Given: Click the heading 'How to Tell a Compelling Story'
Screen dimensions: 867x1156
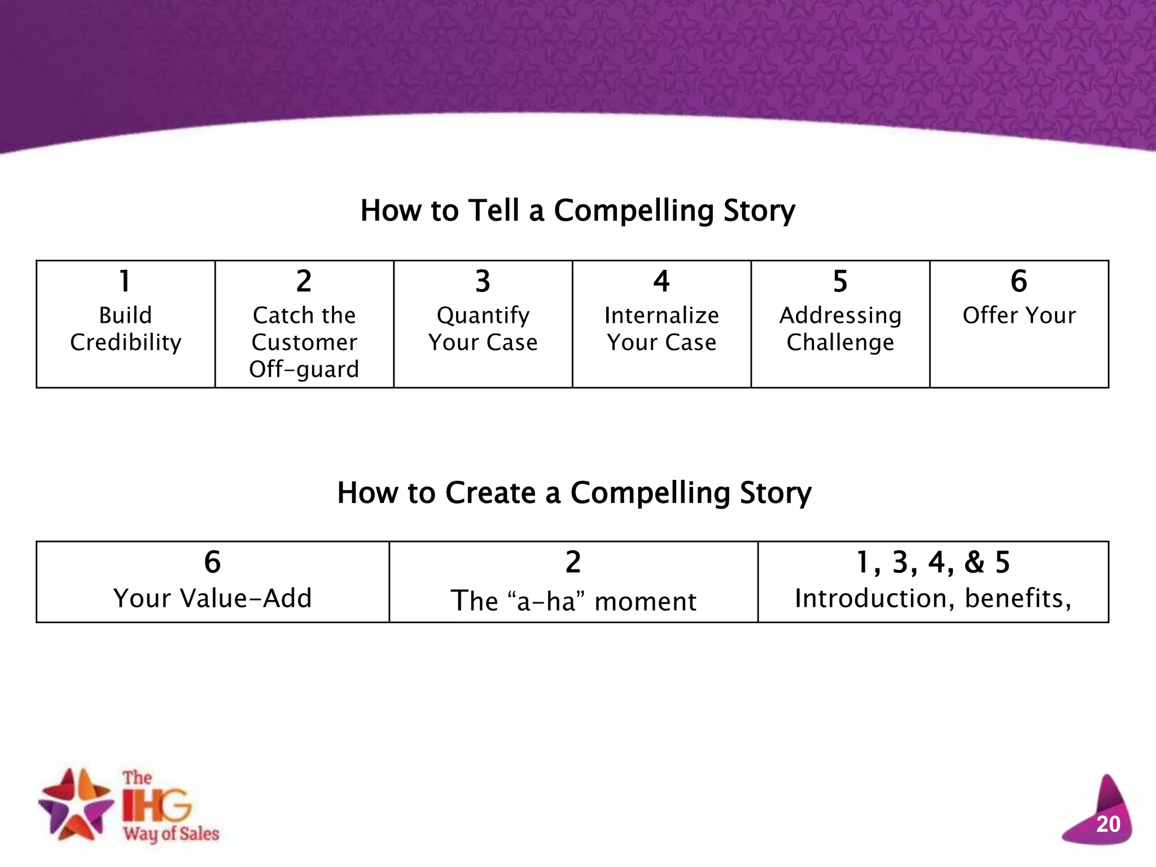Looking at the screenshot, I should (577, 211).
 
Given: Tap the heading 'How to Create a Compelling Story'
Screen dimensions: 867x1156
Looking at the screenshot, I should (574, 493).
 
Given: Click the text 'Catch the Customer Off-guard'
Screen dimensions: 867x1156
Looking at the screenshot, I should (304, 342).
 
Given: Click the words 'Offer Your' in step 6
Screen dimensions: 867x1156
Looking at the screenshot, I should (1019, 315).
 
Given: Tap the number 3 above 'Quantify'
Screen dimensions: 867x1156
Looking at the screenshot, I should (483, 281).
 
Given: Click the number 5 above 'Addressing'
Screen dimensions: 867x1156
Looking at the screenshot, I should (840, 281).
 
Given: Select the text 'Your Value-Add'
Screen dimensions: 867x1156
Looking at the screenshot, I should (212, 598).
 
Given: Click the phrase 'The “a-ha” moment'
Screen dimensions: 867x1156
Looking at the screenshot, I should (573, 601).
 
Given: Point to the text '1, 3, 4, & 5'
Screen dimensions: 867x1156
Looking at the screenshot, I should (933, 562).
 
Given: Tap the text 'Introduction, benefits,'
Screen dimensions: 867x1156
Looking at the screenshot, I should (933, 598).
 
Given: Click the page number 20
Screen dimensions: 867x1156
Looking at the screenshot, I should (1107, 825).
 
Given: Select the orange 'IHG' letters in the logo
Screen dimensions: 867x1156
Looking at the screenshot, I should (157, 805).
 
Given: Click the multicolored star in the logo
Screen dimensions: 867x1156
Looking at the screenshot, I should (75, 804).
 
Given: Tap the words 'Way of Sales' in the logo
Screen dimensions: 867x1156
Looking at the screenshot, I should (171, 834).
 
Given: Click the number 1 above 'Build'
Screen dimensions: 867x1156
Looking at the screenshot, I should (125, 281).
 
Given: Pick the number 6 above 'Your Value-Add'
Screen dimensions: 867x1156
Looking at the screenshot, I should (212, 562).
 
